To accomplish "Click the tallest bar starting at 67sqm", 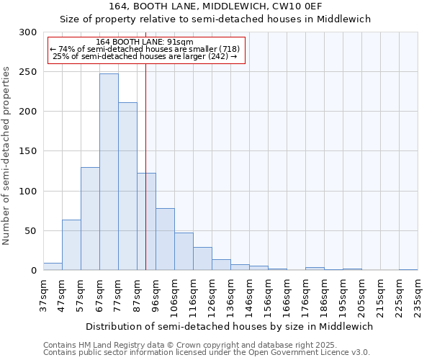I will tap(109, 172).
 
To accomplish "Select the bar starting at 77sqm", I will tap(127, 186).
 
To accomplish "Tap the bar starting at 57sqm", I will tap(90, 219).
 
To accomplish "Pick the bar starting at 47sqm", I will tap(71, 245).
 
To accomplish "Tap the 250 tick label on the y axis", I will tap(28, 72).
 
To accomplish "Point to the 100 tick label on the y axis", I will tap(28, 192).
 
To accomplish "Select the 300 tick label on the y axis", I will tap(28, 32).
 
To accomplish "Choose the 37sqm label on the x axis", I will tap(43, 295).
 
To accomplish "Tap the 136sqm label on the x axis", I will tap(230, 295).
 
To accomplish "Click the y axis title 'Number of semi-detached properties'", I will tap(7, 156).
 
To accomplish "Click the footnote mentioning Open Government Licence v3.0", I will tap(207, 352).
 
